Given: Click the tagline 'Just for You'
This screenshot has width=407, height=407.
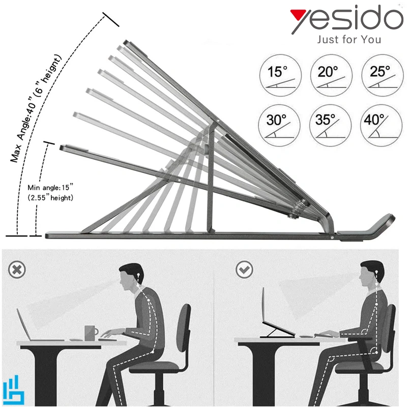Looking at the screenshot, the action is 349,40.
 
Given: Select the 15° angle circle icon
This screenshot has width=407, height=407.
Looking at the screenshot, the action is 280,75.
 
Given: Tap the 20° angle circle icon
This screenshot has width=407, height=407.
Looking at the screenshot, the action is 331,75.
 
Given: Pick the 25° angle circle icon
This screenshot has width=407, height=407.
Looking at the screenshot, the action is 383,75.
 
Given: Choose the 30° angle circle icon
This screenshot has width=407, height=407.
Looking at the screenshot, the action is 279,125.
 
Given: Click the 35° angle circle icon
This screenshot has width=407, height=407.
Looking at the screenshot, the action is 330,125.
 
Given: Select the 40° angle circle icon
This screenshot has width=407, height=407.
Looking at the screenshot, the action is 381,125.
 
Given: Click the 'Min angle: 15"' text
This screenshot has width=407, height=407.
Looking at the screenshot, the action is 50,187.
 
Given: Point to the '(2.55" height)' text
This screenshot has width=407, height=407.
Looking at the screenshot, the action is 50,197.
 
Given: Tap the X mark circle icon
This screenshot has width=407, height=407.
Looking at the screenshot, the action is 17,270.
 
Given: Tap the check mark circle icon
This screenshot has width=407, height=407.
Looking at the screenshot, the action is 244,270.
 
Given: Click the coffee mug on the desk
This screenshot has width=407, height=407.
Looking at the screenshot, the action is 91,333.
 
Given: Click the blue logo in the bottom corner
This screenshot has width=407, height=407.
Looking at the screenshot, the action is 13,389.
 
